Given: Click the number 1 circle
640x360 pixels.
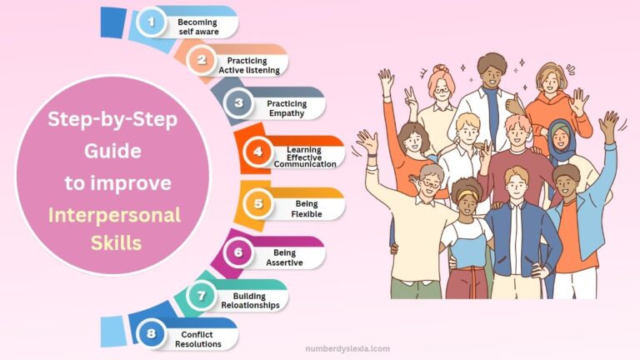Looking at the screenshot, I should (152, 22).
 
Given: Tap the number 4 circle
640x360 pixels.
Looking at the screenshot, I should (258, 152).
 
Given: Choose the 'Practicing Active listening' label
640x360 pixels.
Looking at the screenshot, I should (247, 65).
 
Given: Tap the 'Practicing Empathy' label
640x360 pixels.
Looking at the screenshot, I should (287, 108).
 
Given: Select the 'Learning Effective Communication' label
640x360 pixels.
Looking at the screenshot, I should (305, 153).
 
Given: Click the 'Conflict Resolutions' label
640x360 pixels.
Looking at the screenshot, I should (197, 338).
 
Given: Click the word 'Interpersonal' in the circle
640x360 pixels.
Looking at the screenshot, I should (114, 215).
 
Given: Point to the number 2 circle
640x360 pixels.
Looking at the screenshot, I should (201, 60).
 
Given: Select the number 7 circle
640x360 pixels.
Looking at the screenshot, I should (201, 295).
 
